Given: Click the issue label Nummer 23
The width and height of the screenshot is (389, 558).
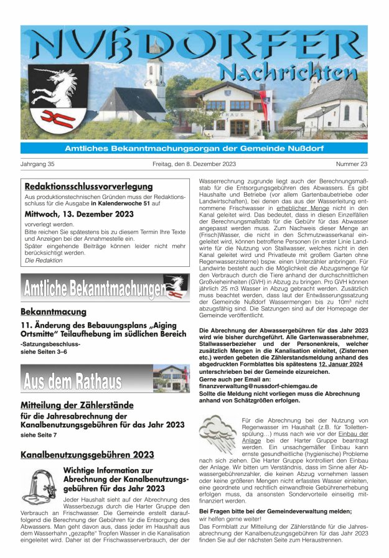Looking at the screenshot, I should [x=352, y=164].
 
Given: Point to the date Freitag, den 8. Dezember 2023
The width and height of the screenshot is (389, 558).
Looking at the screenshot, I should [x=194, y=164].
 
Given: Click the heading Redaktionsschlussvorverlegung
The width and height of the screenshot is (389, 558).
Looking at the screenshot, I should [x=88, y=186].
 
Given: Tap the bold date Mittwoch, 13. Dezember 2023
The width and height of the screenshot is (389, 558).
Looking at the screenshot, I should [x=79, y=214].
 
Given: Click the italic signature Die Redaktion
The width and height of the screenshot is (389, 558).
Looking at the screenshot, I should [x=44, y=261].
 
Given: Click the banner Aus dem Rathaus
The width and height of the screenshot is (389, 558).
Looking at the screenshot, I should [x=73, y=379].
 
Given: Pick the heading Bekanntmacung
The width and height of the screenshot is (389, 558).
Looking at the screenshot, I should [x=53, y=311].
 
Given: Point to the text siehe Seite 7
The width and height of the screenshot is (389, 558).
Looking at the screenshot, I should [x=39, y=435].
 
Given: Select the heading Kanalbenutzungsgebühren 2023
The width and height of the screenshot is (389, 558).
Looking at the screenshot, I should [x=87, y=455].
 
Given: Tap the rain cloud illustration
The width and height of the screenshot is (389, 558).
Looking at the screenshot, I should [x=217, y=430].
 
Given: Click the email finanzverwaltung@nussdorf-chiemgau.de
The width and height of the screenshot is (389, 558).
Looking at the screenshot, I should [x=258, y=386].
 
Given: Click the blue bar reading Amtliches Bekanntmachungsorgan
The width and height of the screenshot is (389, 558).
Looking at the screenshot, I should [x=194, y=148].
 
